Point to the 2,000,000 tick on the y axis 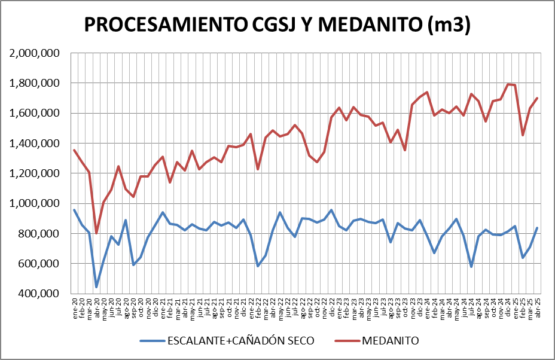(x=35, y=53)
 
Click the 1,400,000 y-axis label (x=35, y=144)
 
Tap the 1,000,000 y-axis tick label (x=35, y=203)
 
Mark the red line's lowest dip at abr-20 (x=96, y=233)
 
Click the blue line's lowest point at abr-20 (x=96, y=287)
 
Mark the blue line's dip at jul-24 (x=471, y=267)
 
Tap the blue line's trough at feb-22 (x=258, y=266)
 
